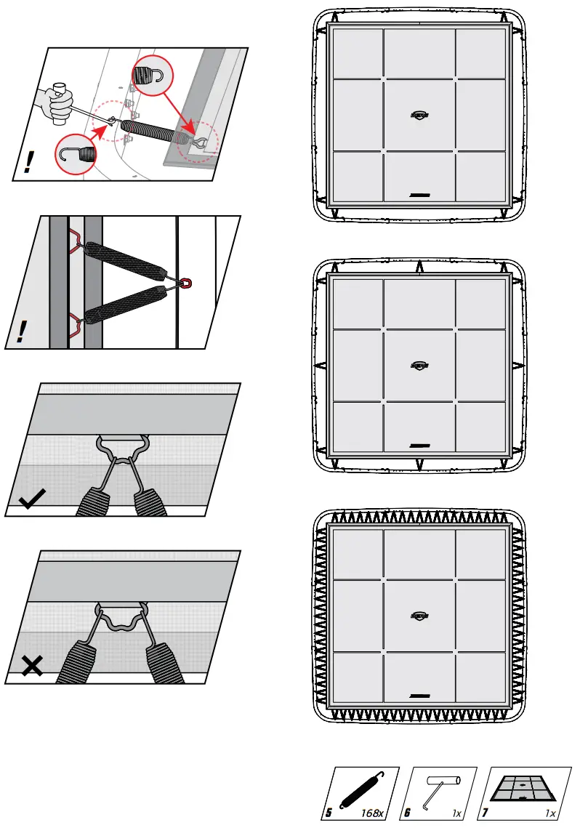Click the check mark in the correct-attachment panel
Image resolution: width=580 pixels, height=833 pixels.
tap(33, 501)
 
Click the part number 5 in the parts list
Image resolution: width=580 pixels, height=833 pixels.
tap(329, 813)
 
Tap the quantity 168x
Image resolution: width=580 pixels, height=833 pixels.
tap(372, 813)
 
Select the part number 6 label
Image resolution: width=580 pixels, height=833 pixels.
tap(408, 813)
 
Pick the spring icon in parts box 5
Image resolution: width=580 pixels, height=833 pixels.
tap(361, 789)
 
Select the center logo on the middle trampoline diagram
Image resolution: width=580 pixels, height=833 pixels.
tap(419, 365)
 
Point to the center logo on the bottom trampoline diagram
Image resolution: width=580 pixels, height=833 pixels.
tap(419, 615)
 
